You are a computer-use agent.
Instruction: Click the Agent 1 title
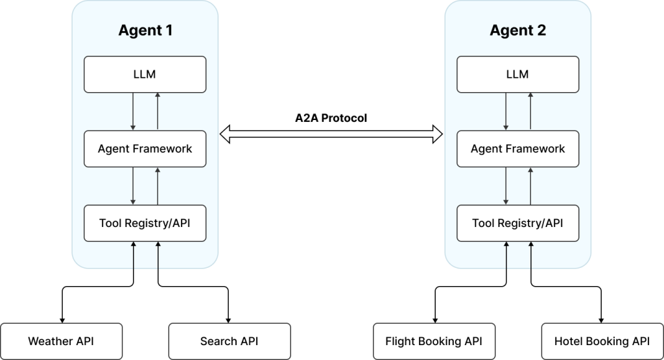145,30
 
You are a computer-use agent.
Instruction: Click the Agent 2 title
518,30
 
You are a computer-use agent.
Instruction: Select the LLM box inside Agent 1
145,75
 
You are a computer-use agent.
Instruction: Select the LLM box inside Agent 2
518,75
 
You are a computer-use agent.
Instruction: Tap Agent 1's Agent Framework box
145,149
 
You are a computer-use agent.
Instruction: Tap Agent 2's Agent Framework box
518,149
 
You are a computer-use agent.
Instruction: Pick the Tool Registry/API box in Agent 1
145,223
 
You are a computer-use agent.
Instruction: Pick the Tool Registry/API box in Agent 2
518,223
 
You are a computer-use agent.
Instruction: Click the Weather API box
62,341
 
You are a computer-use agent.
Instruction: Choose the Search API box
230,341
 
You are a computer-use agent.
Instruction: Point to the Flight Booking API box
434,341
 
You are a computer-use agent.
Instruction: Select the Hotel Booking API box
602,341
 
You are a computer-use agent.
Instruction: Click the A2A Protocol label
331,118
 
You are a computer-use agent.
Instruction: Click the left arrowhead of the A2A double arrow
225,134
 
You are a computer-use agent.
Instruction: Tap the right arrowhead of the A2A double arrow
438,134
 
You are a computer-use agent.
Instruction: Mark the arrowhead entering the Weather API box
62,320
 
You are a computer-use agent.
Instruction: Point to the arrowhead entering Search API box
228,320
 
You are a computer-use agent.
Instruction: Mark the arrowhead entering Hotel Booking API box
601,320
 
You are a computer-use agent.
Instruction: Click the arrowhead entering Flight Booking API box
435,320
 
